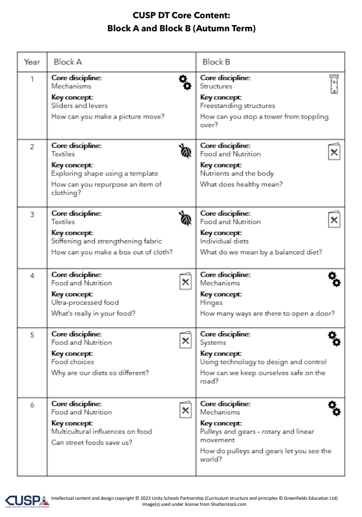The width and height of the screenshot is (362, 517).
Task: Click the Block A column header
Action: pos(68,62)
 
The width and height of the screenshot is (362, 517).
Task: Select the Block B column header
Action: pos(216,62)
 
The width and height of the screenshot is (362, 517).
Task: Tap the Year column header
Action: pos(32,62)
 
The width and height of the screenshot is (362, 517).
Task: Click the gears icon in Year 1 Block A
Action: pos(185,82)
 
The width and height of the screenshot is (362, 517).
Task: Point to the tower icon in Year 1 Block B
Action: pos(334,84)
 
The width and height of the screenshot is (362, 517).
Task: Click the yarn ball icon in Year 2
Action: pos(185,151)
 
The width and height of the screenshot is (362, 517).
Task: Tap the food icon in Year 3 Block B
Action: pos(334,219)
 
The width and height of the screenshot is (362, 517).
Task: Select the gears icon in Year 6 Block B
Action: pos(334,408)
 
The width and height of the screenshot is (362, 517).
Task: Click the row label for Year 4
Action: pos(32,275)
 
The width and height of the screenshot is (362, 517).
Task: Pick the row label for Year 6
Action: pos(32,405)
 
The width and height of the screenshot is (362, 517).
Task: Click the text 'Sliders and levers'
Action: pos(79,106)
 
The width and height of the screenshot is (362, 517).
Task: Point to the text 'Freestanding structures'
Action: pos(237,106)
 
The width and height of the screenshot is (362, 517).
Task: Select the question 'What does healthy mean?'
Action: pos(241,184)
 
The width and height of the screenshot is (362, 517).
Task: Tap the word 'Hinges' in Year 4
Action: pos(211,303)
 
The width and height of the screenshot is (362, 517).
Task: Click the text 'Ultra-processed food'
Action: pos(85,303)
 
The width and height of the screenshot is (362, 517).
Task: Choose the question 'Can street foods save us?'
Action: pos(92,442)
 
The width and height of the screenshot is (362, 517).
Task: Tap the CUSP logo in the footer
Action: pos(26,501)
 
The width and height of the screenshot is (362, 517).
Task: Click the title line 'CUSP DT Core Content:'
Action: pos(181,15)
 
